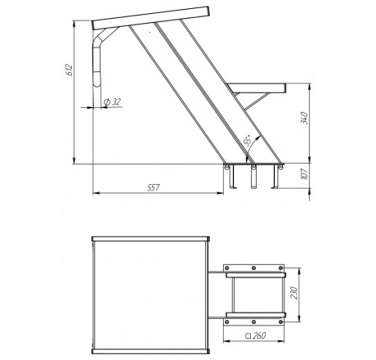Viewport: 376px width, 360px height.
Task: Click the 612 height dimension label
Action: click(69, 70)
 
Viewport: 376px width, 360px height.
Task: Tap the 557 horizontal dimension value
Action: click(153, 187)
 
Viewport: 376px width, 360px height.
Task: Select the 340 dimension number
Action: click(304, 118)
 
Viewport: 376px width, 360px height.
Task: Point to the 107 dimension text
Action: click(304, 173)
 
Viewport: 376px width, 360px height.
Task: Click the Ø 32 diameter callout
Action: click(112, 102)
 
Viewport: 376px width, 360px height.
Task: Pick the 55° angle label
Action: click(248, 141)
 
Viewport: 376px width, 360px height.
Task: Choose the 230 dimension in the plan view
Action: click(293, 293)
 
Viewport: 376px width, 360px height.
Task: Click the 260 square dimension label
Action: click(259, 335)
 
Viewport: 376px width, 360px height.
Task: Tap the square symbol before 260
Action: click(248, 336)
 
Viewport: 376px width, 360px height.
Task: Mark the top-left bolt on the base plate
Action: click(227, 268)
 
